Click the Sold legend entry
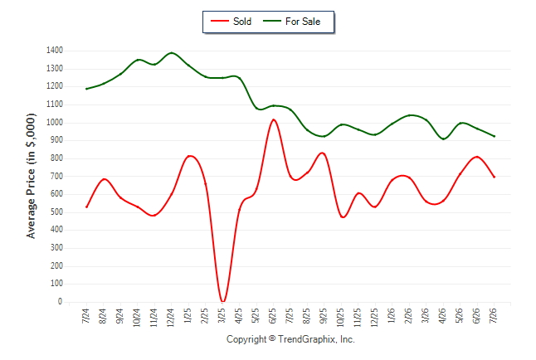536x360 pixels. tap(231, 22)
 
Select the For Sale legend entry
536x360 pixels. tap(291, 22)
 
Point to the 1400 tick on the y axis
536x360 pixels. tap(55, 51)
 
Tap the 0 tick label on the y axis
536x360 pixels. tap(61, 302)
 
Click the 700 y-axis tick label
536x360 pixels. tap(56, 176)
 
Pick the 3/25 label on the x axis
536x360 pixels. tap(222, 315)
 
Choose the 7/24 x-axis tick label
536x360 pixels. tap(86, 315)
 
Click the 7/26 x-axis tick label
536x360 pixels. tap(494, 315)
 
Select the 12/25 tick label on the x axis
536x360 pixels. tap(375, 317)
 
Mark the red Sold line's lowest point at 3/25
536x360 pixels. tap(222, 302)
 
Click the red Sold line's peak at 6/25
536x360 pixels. tap(274, 119)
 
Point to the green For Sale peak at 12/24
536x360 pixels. tap(171, 53)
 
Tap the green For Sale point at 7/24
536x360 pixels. tap(86, 89)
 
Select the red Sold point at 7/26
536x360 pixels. tap(494, 177)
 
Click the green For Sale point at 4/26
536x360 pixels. tap(443, 139)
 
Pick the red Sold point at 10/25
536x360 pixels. tap(342, 216)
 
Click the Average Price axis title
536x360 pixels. tap(31, 176)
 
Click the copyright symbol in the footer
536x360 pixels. tap(272, 338)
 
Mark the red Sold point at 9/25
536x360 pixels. tap(323, 153)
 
